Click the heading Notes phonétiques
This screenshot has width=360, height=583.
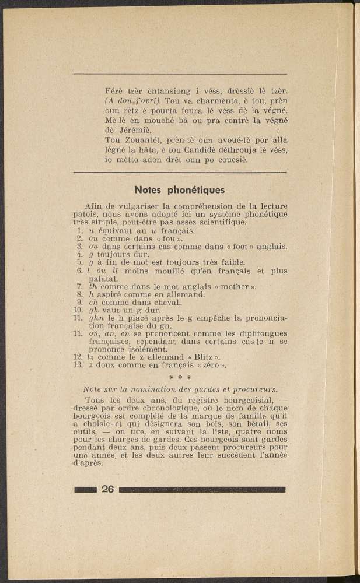[x=180, y=189]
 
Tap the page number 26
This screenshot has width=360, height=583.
[x=107, y=489]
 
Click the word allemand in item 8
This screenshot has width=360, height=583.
[x=183, y=294]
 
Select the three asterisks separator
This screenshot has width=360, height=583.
[x=180, y=378]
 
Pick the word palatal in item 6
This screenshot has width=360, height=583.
[x=104, y=279]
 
